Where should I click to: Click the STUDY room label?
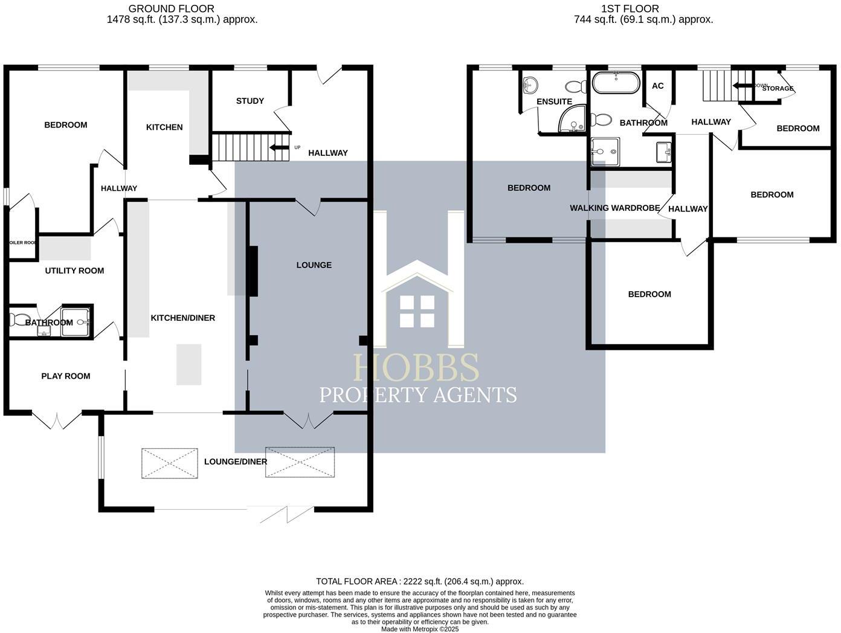(x=250, y=101)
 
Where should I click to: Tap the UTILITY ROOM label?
(x=74, y=271)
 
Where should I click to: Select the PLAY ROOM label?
(x=65, y=376)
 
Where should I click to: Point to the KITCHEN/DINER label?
(x=182, y=318)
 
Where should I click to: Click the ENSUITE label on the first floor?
(x=554, y=101)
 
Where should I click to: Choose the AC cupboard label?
(x=657, y=86)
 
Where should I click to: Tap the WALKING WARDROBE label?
(x=614, y=208)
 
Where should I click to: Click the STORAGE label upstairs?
(x=778, y=88)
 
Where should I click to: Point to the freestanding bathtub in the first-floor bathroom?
(x=615, y=83)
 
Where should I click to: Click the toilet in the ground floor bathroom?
(x=19, y=319)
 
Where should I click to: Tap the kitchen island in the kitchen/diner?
(x=188, y=364)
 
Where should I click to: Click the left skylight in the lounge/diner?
(x=170, y=463)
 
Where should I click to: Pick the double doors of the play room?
(x=56, y=420)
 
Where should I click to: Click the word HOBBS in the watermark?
(x=416, y=367)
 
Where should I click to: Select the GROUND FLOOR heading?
(x=172, y=8)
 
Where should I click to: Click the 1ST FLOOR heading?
(x=630, y=8)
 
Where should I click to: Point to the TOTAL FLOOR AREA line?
(x=420, y=581)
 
